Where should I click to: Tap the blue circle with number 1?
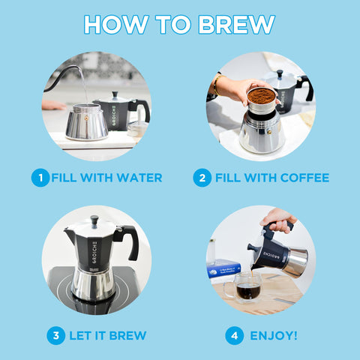pyautogui.click(x=40, y=178)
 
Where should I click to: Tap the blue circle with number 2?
pyautogui.click(x=202, y=178)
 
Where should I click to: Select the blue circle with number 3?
pyautogui.click(x=55, y=335)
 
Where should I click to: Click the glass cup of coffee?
pyautogui.click(x=247, y=286)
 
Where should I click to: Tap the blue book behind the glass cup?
pyautogui.click(x=223, y=269)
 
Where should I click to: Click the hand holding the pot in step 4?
pyautogui.click(x=278, y=219)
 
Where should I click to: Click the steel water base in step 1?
pyautogui.click(x=87, y=124)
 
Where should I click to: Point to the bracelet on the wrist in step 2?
pyautogui.click(x=217, y=84)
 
